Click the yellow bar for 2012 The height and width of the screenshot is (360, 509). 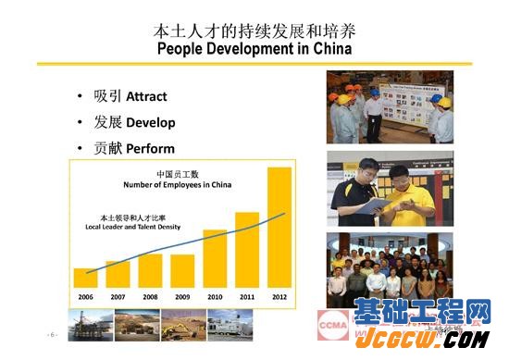(279, 228)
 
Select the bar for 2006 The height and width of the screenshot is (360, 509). (85, 278)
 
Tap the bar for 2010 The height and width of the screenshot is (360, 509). (215, 258)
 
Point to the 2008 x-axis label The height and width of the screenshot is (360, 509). (150, 297)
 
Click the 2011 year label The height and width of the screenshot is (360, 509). (247, 297)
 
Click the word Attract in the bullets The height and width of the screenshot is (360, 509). (146, 96)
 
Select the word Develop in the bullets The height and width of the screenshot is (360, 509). (150, 122)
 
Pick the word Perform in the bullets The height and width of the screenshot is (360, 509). (150, 148)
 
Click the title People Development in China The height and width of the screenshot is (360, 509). (254, 48)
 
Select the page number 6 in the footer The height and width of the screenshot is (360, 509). (53, 333)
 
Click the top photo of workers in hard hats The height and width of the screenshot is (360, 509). (390, 106)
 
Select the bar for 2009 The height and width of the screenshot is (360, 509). (182, 270)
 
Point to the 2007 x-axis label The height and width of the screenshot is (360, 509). (118, 297)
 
